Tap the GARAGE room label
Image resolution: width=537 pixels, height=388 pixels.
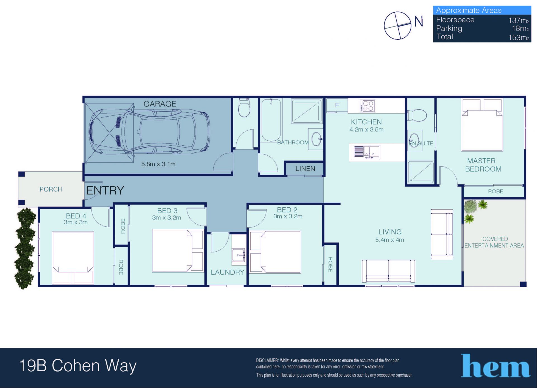[160, 104]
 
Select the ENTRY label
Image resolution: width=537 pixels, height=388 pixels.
[105, 190]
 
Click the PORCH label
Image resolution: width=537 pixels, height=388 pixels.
[51, 189]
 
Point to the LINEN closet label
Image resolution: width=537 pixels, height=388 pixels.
[305, 169]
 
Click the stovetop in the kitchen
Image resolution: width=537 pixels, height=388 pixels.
[367, 106]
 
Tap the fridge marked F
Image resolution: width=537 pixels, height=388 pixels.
[337, 105]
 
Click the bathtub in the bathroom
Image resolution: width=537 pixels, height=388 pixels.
[271, 120]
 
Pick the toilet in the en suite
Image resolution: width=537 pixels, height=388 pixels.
[417, 115]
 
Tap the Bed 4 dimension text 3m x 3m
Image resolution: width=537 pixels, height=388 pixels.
[76, 222]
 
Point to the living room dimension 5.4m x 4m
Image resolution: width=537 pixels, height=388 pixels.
[390, 240]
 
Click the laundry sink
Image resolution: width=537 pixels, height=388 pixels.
[239, 255]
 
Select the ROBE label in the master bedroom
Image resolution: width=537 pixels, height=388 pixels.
[495, 191]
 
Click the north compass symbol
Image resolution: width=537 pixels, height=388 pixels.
[397, 25]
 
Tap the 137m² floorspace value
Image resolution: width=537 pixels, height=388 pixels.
[519, 20]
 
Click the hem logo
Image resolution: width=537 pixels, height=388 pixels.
[495, 366]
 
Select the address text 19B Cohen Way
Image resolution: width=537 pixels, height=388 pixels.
[78, 366]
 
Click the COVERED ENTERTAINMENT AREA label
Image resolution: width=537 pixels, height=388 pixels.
[494, 242]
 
